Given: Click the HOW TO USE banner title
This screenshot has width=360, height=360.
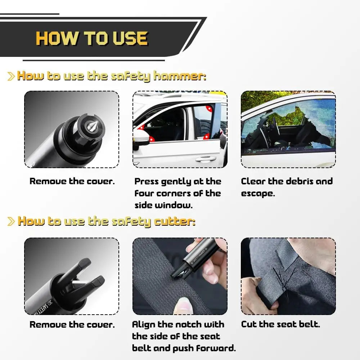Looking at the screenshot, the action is click(x=91, y=39).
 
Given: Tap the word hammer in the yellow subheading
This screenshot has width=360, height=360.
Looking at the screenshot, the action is click(x=180, y=76).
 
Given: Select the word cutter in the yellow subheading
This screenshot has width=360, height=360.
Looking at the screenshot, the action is click(x=175, y=221).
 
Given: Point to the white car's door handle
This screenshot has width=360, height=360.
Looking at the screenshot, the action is click(x=205, y=159).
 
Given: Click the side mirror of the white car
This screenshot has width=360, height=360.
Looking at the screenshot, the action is click(x=140, y=136).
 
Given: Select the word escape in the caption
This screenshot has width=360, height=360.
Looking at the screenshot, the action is click(x=258, y=194).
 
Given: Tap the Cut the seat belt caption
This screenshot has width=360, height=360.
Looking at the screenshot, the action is click(x=280, y=324).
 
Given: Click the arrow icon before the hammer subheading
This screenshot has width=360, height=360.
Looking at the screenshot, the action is click(x=11, y=76).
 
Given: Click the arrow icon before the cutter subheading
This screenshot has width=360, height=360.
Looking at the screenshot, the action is click(x=11, y=221).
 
